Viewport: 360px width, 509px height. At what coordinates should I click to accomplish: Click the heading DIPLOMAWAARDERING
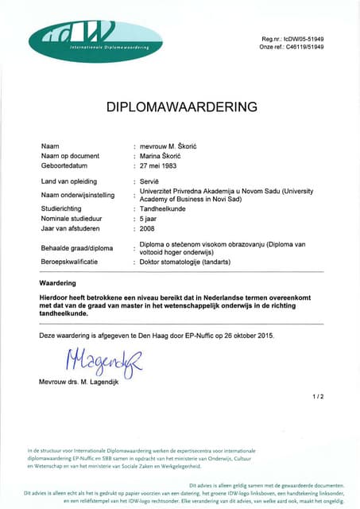pos(182,106)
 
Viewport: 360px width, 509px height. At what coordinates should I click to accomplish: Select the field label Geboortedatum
pos(64,167)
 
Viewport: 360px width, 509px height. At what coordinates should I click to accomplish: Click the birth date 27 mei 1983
pos(161,167)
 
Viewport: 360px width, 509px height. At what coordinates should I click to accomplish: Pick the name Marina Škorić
pos(163,157)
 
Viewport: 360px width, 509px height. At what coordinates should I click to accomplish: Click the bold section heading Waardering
pos(57,282)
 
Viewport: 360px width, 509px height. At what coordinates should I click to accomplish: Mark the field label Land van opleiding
pos(70,183)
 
